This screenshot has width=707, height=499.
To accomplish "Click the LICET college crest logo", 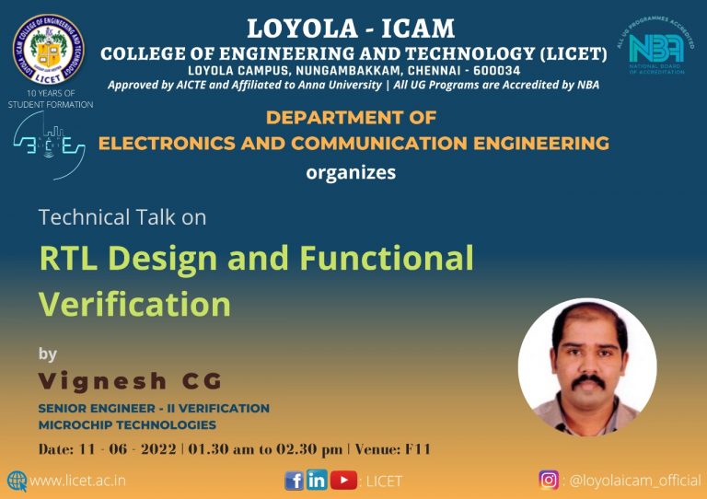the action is [x=48, y=49].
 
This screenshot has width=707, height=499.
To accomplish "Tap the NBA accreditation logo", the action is [x=655, y=46].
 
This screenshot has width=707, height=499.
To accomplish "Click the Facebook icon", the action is [x=294, y=481].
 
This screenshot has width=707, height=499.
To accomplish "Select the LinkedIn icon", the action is [x=317, y=480].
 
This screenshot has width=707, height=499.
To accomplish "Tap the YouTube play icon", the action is [x=343, y=480].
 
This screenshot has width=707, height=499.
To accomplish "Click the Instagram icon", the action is [x=549, y=480].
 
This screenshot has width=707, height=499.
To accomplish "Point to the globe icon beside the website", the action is [x=17, y=481].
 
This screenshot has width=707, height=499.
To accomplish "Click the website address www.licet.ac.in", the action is [x=77, y=481].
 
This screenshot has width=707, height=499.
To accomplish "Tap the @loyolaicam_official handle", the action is [x=635, y=481].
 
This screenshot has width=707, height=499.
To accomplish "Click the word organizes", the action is [x=351, y=173].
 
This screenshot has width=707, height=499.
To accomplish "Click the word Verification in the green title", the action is [x=134, y=304].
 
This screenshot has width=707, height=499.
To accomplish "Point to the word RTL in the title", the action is [x=68, y=258].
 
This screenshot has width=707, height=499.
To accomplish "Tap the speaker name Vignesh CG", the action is [x=130, y=381].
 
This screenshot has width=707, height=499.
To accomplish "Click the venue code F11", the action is [x=418, y=449].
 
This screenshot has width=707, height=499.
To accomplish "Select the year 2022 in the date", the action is [x=158, y=449].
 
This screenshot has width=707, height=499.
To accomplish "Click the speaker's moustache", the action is [x=588, y=382].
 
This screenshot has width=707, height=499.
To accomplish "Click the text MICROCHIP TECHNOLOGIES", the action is [x=127, y=424].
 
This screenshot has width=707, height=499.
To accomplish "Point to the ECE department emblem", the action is [x=49, y=145].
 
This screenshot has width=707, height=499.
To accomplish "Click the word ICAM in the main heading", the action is [x=418, y=29].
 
